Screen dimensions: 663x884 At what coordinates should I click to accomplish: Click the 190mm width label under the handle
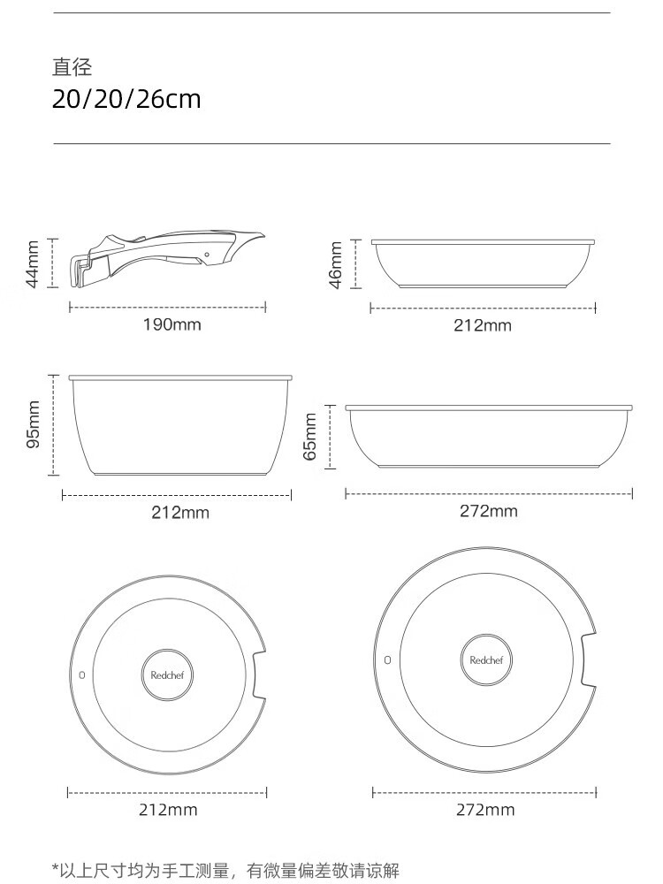click(171, 324)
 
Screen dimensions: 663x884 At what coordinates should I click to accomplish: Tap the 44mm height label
click(34, 263)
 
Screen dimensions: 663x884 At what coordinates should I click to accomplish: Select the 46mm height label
click(335, 265)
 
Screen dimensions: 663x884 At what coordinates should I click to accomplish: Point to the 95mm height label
click(34, 424)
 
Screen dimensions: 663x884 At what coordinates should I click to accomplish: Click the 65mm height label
click(310, 437)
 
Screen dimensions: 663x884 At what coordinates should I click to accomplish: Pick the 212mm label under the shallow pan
click(483, 325)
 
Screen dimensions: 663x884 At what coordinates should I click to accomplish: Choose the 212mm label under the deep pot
click(179, 513)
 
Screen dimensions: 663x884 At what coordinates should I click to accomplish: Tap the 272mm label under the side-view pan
click(488, 511)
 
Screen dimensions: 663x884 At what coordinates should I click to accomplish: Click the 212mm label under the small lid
click(168, 810)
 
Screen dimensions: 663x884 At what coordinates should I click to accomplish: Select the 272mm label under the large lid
click(485, 810)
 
